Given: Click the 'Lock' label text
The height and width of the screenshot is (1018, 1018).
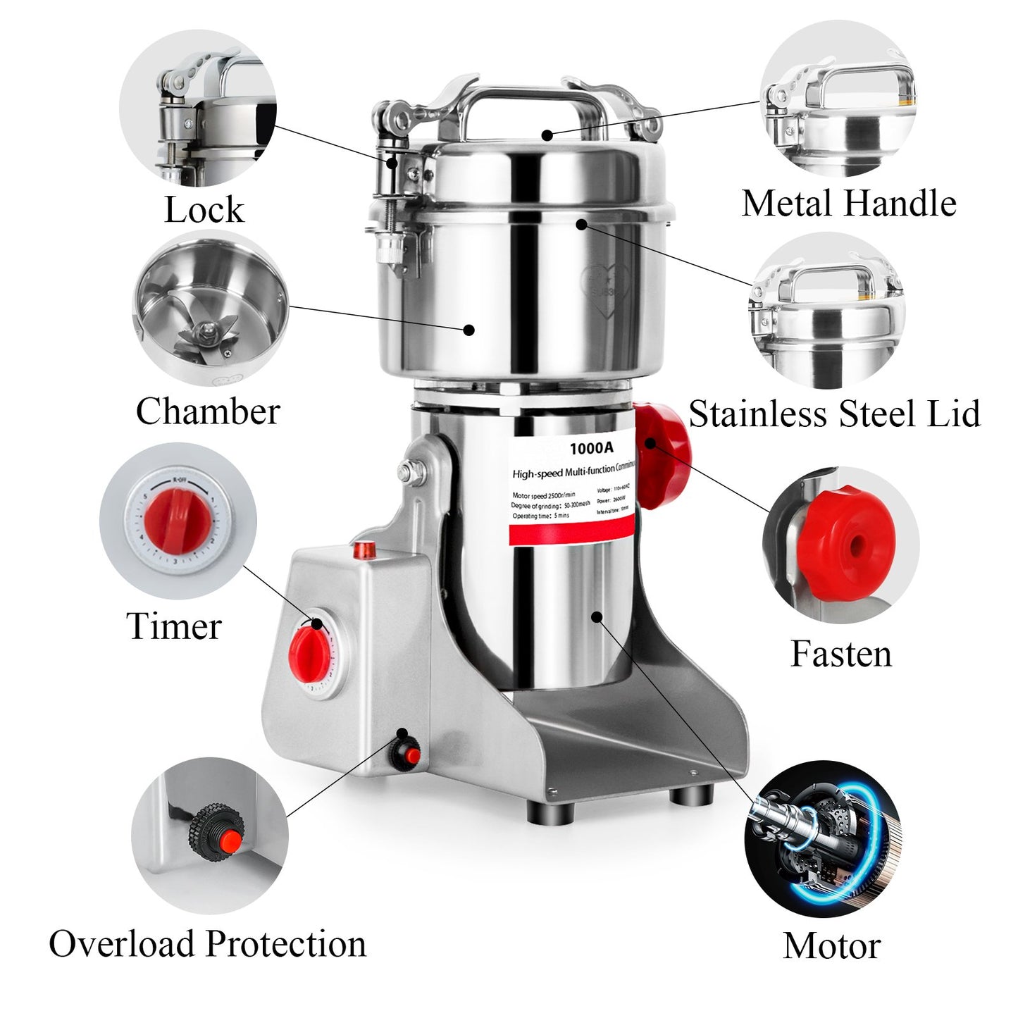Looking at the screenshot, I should pos(204,210).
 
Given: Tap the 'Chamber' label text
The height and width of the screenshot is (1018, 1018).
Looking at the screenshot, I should pos(208,411).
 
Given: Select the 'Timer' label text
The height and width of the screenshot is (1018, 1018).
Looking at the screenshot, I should pos(174,626).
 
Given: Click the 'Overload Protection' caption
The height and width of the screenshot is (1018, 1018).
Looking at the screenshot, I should pos(208,944).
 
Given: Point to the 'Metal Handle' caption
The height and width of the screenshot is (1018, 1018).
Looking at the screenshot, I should pos(849,204).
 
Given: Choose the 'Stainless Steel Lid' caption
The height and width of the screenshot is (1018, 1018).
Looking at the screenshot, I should pos(834,414).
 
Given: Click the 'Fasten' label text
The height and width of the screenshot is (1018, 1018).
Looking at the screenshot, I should pos(841,654).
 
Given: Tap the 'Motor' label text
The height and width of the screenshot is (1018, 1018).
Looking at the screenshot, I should pos(832,946).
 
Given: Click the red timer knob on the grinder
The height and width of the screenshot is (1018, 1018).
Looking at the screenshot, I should pos(310,647).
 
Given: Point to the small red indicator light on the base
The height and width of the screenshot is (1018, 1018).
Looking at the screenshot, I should pos(365,549).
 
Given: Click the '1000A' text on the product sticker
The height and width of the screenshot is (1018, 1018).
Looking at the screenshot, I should pos(591,448).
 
